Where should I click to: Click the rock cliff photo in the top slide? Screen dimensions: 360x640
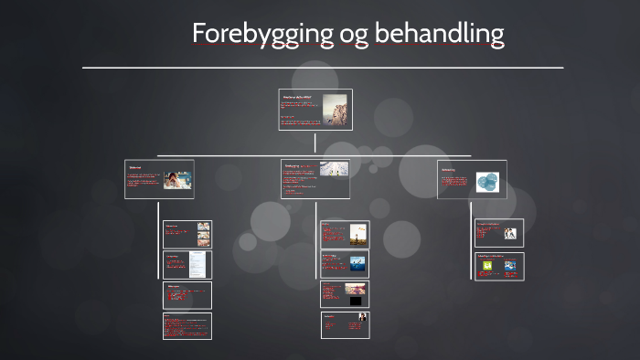(x=335, y=109)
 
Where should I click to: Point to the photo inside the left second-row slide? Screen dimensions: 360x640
(x=177, y=179)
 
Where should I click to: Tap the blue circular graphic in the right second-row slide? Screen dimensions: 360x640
(x=490, y=181)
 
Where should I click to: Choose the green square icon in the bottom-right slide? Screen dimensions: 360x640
(x=487, y=267)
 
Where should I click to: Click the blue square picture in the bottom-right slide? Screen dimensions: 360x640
(x=510, y=267)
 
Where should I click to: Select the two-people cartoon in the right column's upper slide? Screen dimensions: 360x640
(x=510, y=233)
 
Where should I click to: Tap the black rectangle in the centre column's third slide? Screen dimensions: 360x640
(x=356, y=301)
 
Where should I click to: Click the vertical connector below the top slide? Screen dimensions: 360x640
(x=315, y=143)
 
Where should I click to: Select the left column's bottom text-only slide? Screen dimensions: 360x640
(x=187, y=326)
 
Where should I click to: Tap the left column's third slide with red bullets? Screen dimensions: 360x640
(x=187, y=295)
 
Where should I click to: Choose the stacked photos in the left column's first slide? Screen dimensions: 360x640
(x=202, y=234)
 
